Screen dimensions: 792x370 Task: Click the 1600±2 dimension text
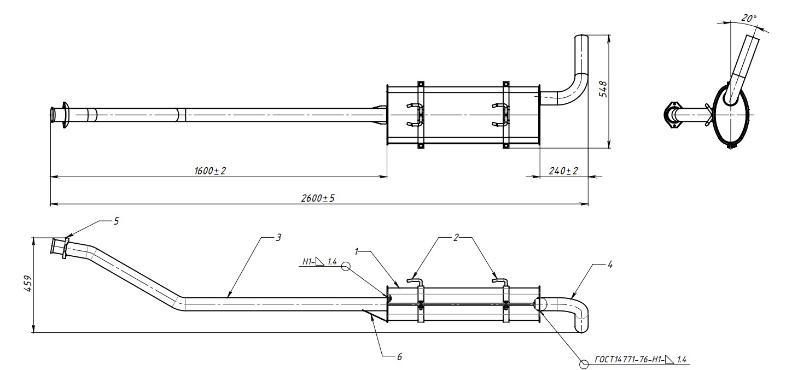coord(210,171)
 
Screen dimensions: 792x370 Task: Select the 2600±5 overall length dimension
coord(318,198)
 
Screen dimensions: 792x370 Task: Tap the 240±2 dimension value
coord(563,171)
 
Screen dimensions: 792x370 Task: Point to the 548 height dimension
coord(603,90)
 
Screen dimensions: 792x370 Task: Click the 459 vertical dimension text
coord(28,284)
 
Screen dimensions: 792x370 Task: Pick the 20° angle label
coord(749,19)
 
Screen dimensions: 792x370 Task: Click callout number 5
coord(117,221)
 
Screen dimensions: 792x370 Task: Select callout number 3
coord(278,238)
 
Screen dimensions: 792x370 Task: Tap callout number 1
coord(357,251)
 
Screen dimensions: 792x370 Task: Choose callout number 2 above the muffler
coord(456,238)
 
